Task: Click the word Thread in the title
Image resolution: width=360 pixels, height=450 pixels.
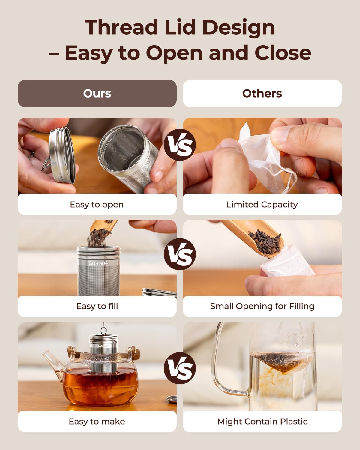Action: tap(121, 27)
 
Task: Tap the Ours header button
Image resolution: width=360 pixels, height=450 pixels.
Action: tap(97, 93)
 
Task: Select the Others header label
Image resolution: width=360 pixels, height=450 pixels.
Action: tap(262, 93)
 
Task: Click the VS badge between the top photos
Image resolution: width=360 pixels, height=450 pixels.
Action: tap(180, 145)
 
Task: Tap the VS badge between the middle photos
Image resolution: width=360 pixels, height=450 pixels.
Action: tap(180, 254)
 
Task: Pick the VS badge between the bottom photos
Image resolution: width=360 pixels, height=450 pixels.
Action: tap(180, 368)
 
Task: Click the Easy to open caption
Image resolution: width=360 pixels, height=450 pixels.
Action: tap(97, 205)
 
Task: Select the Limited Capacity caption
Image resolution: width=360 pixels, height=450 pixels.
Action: tap(262, 205)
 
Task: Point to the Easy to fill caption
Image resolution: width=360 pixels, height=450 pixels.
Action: tap(97, 306)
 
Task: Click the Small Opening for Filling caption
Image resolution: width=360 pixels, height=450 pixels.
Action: tap(262, 306)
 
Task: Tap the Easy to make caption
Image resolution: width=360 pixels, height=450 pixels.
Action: tap(97, 421)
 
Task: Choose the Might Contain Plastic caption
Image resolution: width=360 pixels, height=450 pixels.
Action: tap(262, 421)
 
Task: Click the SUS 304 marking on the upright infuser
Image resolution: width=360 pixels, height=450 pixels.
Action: tap(98, 263)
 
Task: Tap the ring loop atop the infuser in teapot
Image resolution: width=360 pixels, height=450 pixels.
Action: tap(103, 331)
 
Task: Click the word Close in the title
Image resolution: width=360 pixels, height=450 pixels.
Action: tap(283, 53)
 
